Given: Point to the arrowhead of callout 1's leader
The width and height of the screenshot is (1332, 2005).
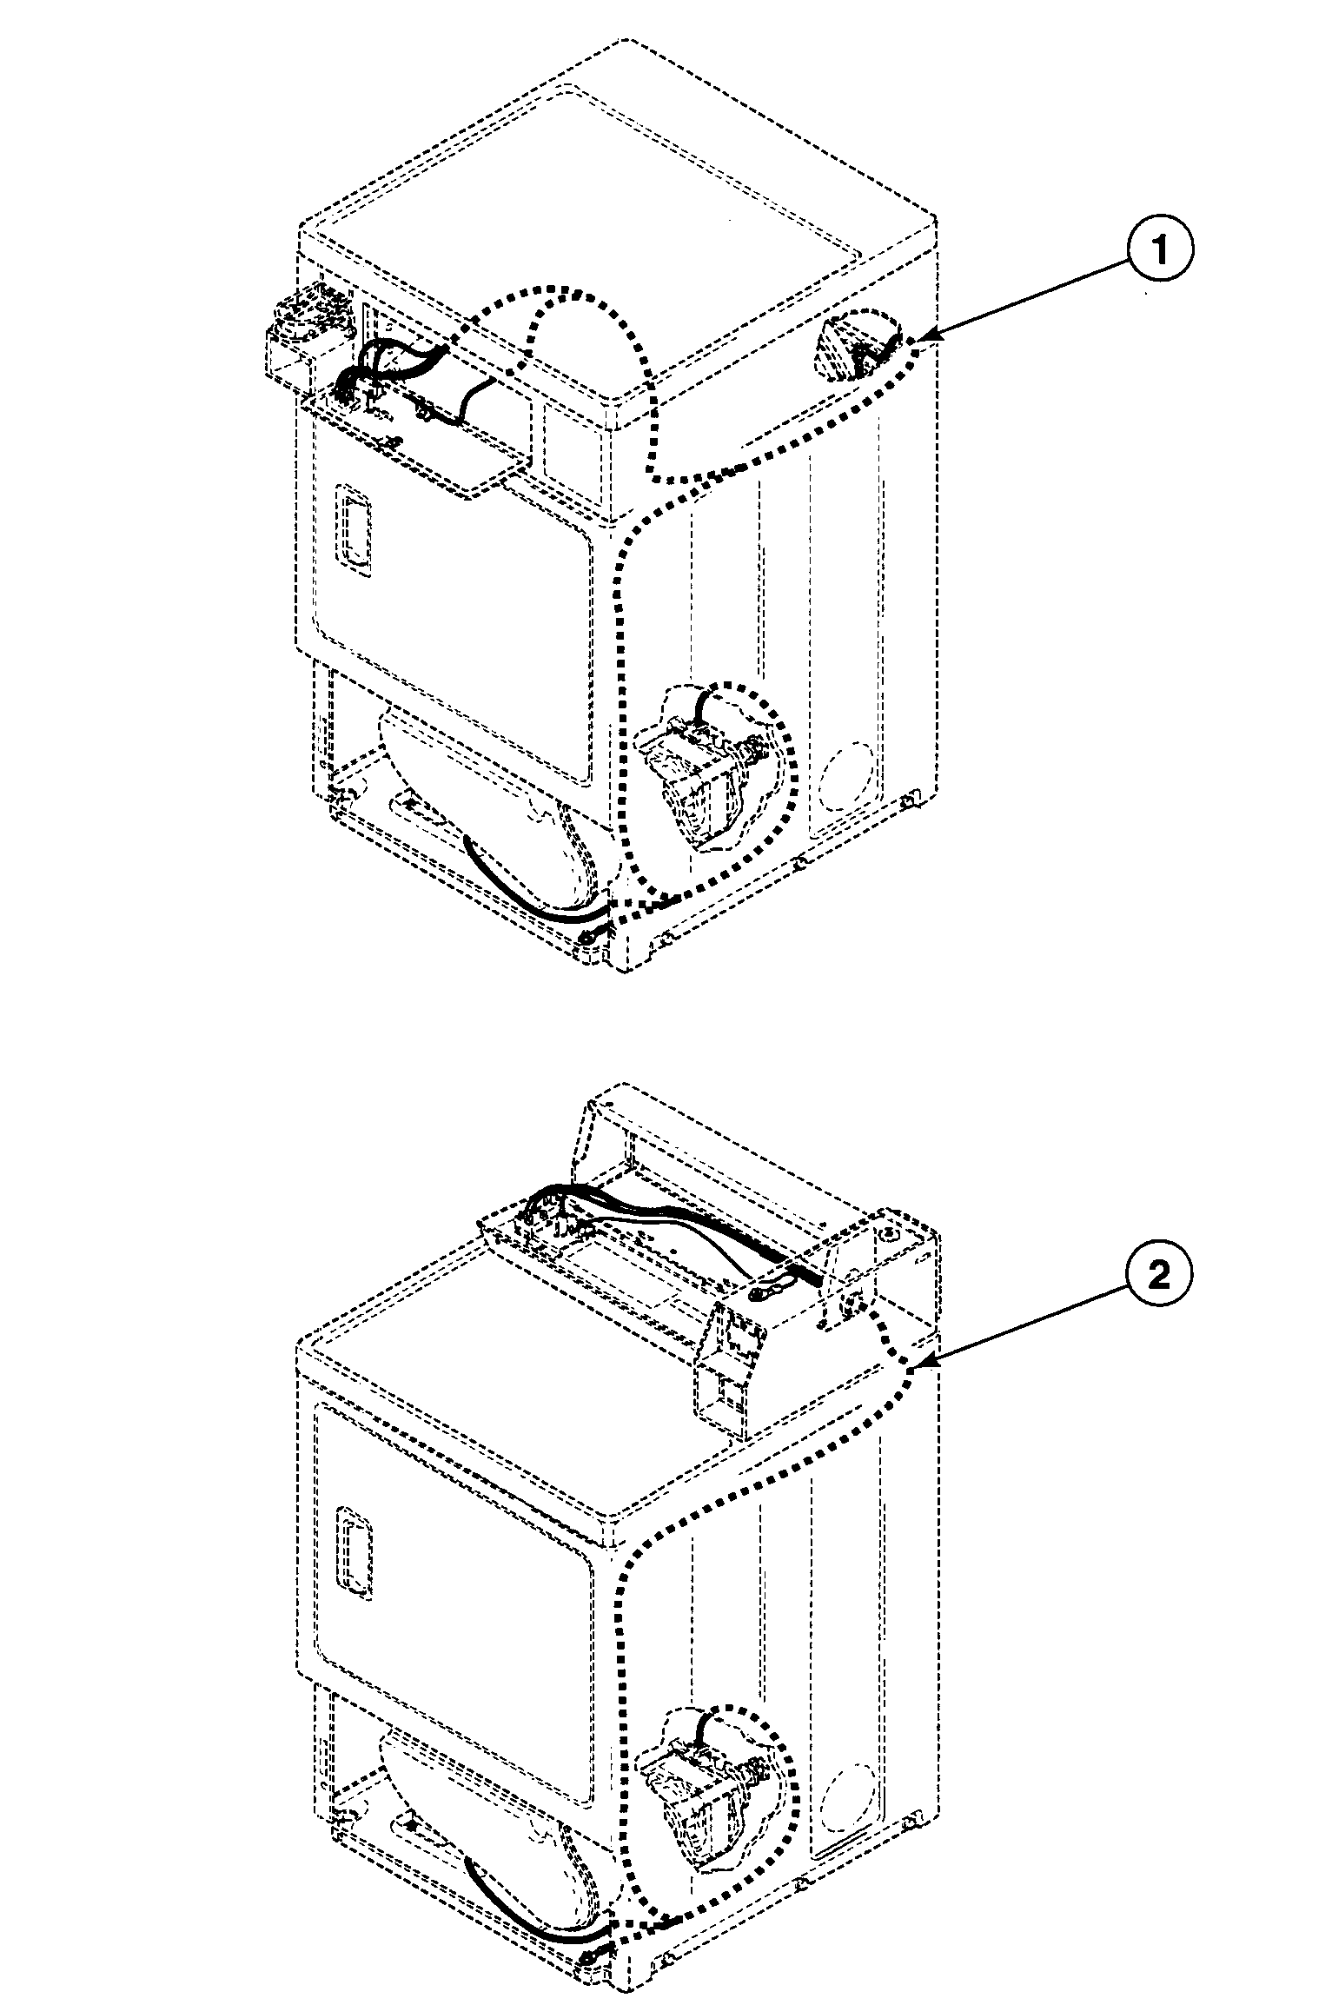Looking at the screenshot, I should click(919, 340).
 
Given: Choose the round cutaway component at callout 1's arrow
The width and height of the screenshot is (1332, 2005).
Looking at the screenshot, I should click(856, 348).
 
